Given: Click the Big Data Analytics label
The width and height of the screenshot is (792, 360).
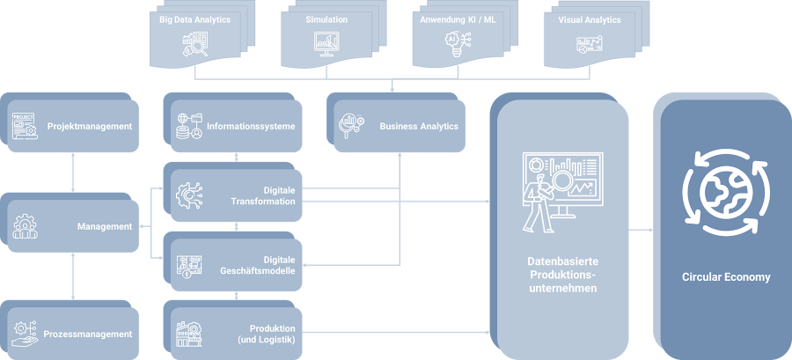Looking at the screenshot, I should (x=194, y=18).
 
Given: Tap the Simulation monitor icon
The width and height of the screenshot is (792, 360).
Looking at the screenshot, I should (x=326, y=42).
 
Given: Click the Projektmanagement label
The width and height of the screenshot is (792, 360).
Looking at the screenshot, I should (x=90, y=126).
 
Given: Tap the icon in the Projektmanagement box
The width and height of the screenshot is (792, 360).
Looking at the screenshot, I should (x=25, y=126).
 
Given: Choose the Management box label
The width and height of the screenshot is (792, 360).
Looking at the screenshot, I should (x=104, y=226).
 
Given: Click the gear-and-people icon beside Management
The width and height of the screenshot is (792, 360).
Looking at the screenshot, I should (x=26, y=226).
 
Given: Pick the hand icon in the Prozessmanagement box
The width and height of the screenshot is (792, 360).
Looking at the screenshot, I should (x=26, y=333).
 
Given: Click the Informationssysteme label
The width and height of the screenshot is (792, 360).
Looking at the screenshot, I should (x=251, y=126).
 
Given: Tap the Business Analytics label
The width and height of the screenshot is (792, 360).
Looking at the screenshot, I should (x=419, y=126).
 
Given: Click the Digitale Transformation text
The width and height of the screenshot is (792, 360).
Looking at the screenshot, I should (x=266, y=195).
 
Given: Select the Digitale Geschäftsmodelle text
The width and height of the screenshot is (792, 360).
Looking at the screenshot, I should (x=262, y=264).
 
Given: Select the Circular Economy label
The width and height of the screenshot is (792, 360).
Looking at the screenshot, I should (x=726, y=277).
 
